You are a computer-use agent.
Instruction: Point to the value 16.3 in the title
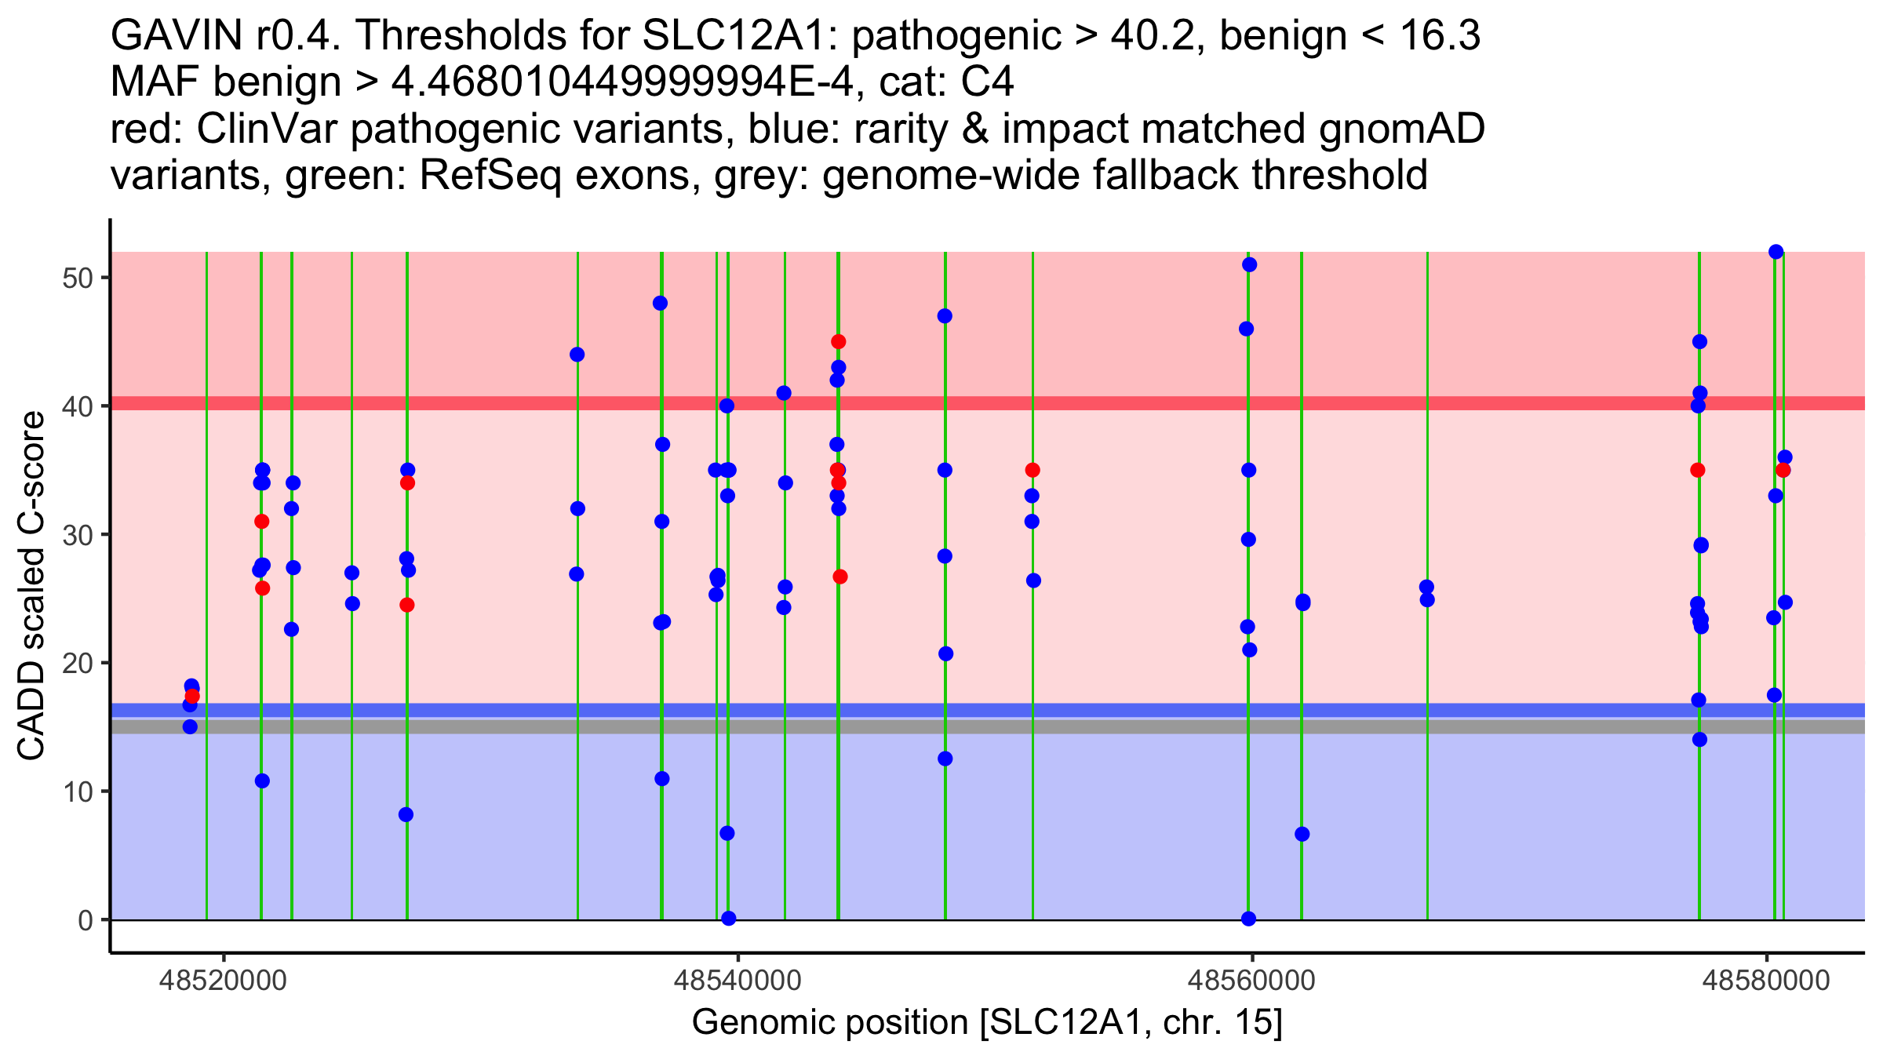[1435, 35]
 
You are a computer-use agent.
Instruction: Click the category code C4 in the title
[988, 82]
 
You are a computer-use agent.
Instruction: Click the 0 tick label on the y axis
[85, 920]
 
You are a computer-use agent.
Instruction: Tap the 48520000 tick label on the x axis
[224, 981]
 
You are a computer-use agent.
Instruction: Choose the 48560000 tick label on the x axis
[1252, 981]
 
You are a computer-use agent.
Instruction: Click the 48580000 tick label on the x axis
[1766, 981]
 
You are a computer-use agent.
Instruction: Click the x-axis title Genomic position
[832, 1023]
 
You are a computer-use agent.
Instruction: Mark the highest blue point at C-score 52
[1776, 252]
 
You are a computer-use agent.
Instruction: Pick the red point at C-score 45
[838, 342]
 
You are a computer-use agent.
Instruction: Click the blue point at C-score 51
[1249, 265]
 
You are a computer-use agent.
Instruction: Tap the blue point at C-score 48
[660, 304]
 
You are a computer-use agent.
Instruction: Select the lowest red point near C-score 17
[192, 697]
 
